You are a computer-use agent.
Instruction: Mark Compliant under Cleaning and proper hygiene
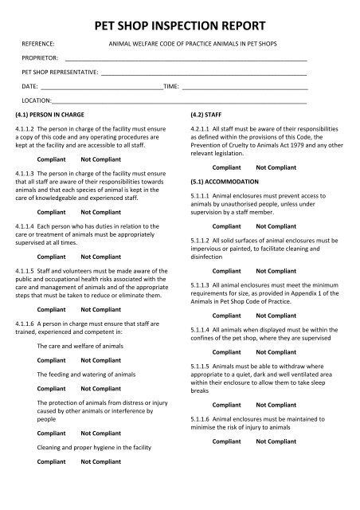coord(52,461)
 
